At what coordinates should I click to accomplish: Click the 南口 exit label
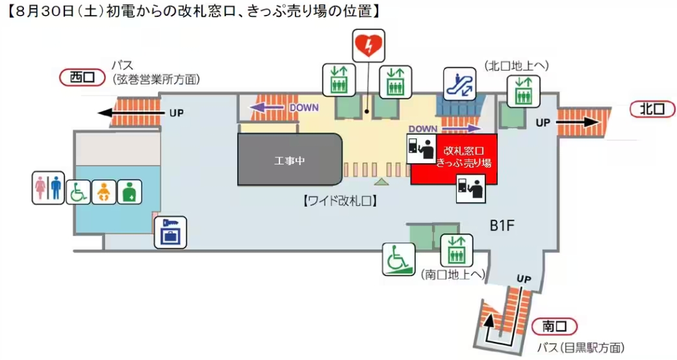click(x=554, y=327)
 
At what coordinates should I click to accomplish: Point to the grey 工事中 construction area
click(x=290, y=159)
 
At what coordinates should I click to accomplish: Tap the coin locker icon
click(x=170, y=233)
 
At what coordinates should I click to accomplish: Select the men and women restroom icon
click(x=49, y=188)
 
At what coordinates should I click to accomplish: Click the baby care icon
click(x=103, y=192)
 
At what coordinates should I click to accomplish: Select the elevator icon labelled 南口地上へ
click(x=457, y=250)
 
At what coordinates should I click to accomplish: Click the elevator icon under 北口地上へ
click(x=523, y=91)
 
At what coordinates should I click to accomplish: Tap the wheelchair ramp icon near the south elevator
click(x=398, y=259)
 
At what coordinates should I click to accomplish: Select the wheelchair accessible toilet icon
click(x=78, y=192)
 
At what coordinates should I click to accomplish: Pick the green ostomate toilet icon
click(x=128, y=192)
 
